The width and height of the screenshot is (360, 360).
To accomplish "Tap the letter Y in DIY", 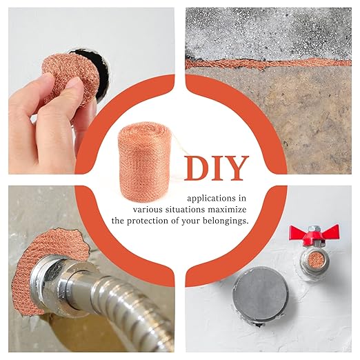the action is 236,168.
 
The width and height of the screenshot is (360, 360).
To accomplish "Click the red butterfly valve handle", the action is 314,234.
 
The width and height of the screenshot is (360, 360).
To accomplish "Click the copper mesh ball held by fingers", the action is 71,77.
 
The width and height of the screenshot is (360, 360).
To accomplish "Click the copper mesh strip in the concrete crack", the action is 268,63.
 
